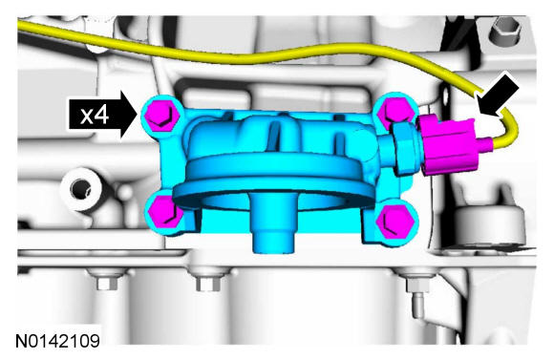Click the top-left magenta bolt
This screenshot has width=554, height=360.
click(162, 115)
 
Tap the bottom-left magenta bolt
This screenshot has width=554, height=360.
click(163, 212)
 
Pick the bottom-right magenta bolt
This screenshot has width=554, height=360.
click(395, 222)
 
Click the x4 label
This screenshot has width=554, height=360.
click(94, 116)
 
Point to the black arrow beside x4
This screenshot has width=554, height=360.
click(103, 115)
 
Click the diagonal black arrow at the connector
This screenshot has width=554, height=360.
click(497, 95)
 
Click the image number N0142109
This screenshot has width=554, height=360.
click(57, 341)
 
